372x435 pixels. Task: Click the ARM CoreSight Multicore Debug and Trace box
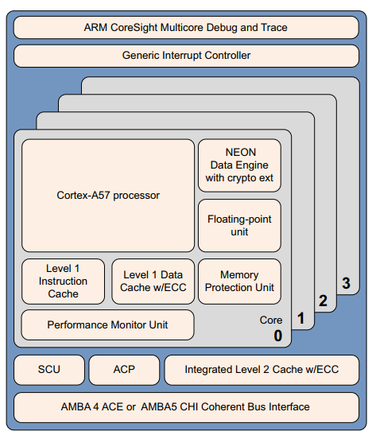tap(185, 28)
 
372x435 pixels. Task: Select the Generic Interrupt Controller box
tap(185, 56)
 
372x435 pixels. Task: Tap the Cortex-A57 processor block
tap(108, 195)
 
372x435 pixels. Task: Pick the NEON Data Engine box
tap(239, 165)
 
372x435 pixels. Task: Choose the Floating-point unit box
tap(239, 225)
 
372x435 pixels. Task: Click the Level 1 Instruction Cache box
tap(64, 282)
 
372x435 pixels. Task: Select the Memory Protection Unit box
tap(239, 282)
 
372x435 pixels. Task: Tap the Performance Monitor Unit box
tap(107, 324)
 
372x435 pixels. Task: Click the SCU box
tap(48, 370)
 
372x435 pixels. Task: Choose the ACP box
tap(124, 370)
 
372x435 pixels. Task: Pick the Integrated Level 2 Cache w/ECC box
tap(261, 370)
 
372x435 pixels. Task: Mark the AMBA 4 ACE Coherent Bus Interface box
tap(185, 407)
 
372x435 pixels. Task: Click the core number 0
tap(277, 336)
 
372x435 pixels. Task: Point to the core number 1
tap(300, 319)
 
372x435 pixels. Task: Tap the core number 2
tap(322, 301)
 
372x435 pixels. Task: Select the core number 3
tap(345, 282)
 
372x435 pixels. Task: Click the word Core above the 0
tap(271, 320)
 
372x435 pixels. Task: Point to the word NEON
tap(239, 151)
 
